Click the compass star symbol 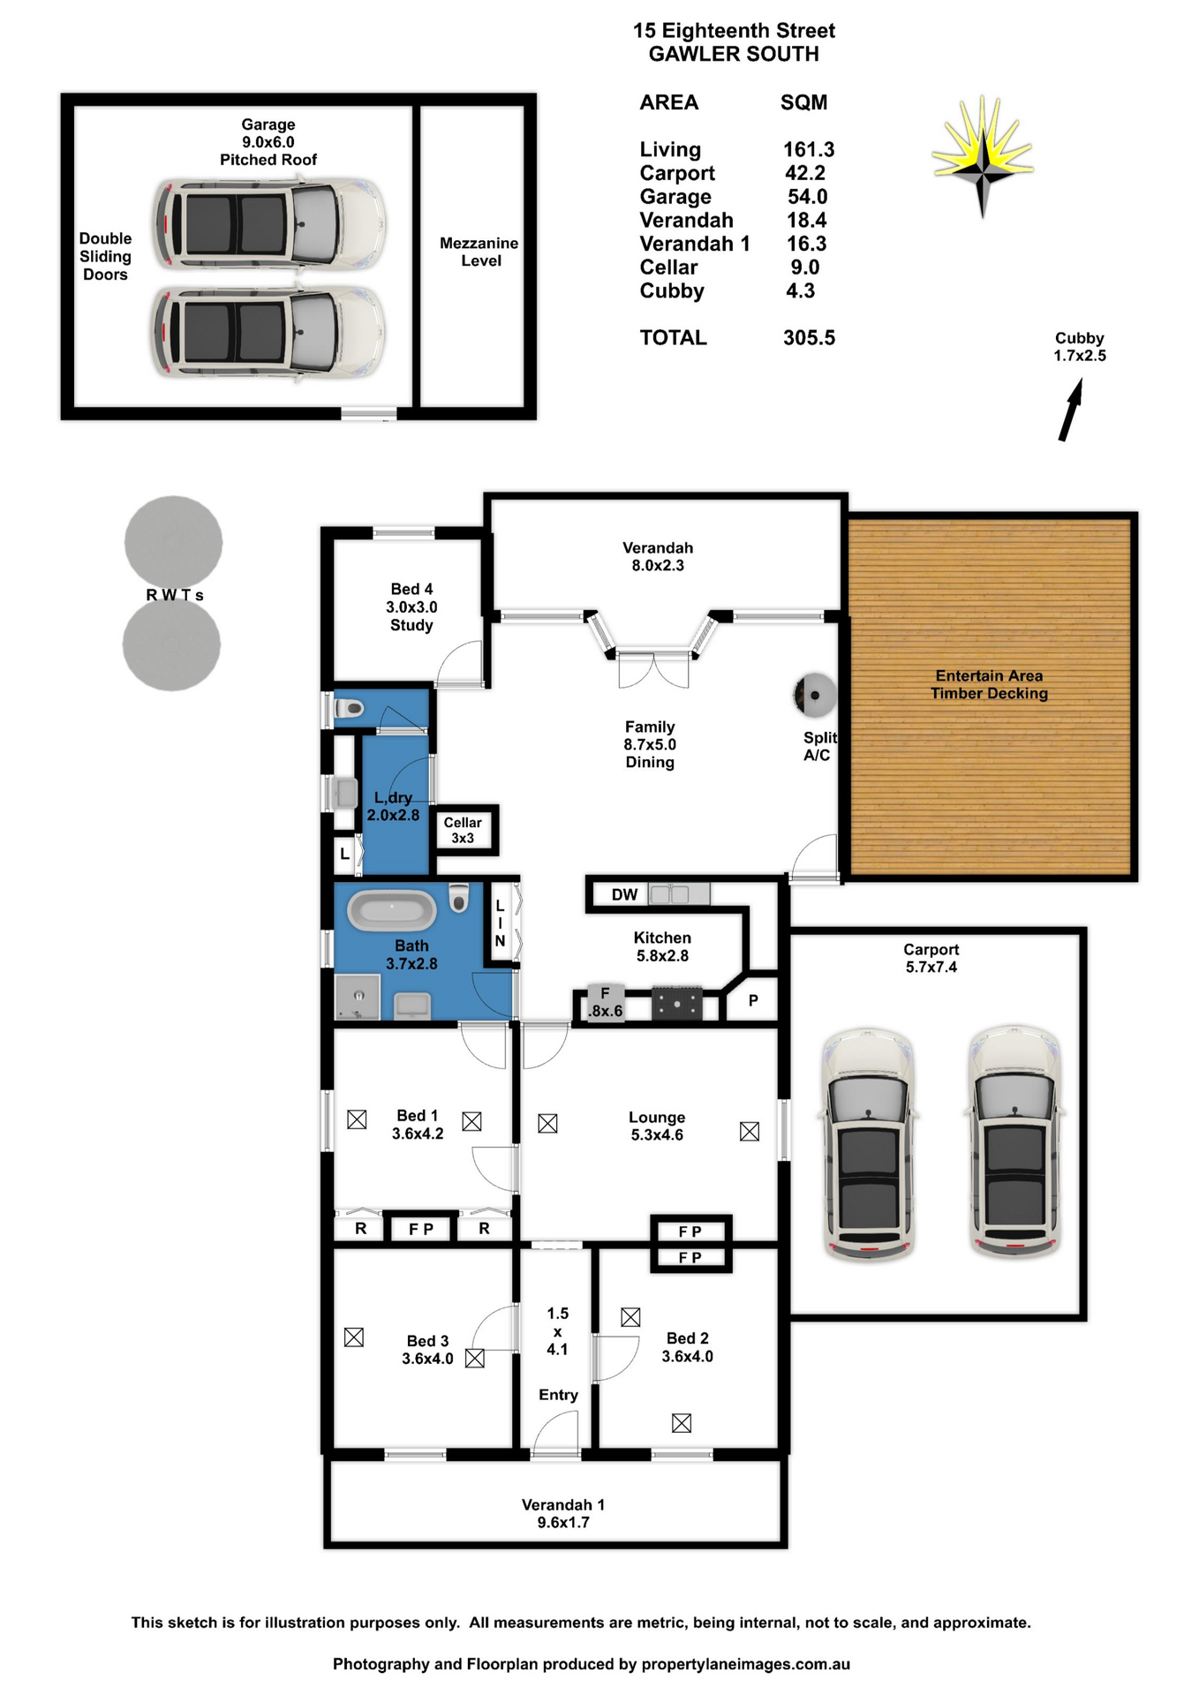click(x=983, y=158)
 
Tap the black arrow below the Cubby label click(x=1071, y=410)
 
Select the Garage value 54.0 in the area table click(x=807, y=197)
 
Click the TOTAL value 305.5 click(x=809, y=338)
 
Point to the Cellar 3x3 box click(x=464, y=830)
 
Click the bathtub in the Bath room click(x=391, y=910)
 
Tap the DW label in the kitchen click(x=624, y=894)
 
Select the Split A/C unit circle click(x=814, y=695)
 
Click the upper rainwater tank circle click(x=173, y=542)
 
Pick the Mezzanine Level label click(x=479, y=252)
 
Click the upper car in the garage click(x=269, y=224)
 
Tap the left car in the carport click(x=869, y=1143)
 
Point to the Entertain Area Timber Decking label click(x=989, y=685)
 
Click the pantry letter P click(x=753, y=1000)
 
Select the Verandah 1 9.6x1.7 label click(x=563, y=1513)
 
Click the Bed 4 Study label click(x=411, y=606)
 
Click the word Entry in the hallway click(x=558, y=1395)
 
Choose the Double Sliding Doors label click(x=105, y=256)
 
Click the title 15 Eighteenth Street click(x=734, y=31)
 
